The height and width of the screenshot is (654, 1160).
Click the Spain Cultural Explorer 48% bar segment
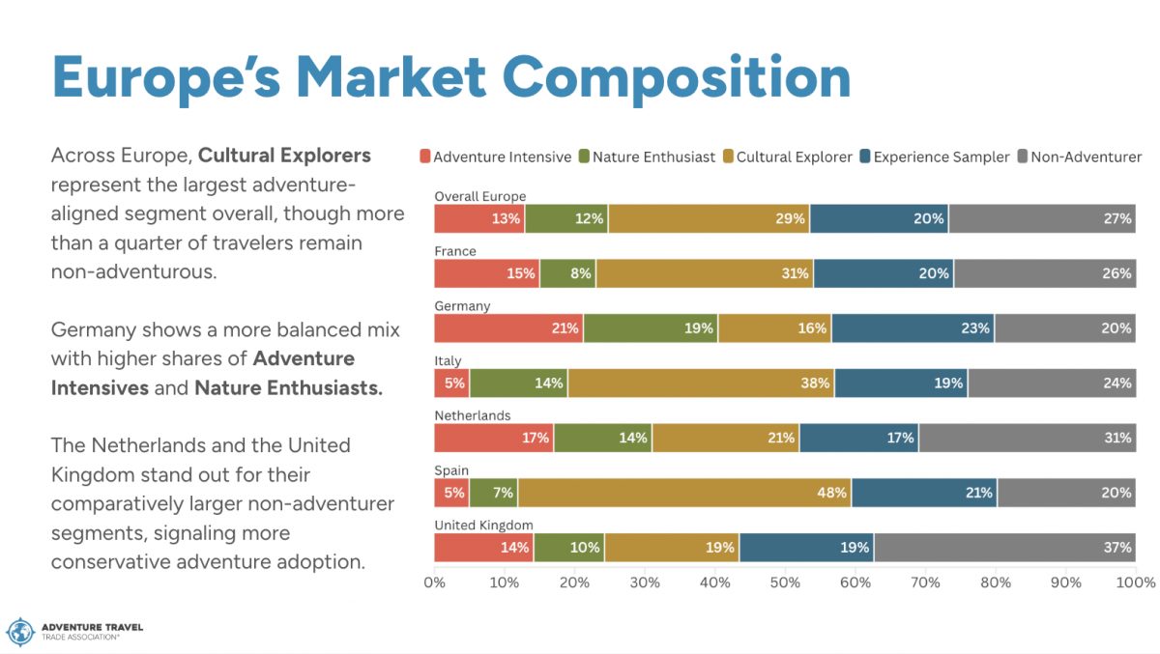click(683, 493)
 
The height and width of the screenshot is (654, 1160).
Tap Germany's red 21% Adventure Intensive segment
click(508, 328)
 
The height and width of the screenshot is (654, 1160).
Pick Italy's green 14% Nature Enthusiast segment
click(518, 384)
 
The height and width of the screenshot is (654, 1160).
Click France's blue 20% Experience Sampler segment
click(884, 273)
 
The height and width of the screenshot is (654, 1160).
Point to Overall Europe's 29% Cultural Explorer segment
click(709, 219)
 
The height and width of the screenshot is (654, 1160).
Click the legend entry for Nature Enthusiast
click(653, 156)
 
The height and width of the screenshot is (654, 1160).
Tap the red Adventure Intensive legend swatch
click(425, 156)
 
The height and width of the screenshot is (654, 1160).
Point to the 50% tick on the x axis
click(785, 583)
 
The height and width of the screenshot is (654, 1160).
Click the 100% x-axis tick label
click(1135, 583)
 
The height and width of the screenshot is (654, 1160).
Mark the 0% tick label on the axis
click(435, 583)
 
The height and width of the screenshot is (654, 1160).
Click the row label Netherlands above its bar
click(473, 415)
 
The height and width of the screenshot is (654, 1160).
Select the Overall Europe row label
click(479, 196)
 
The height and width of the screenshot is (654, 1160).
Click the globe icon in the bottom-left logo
click(20, 632)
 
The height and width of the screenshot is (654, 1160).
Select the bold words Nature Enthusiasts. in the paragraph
click(288, 388)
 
